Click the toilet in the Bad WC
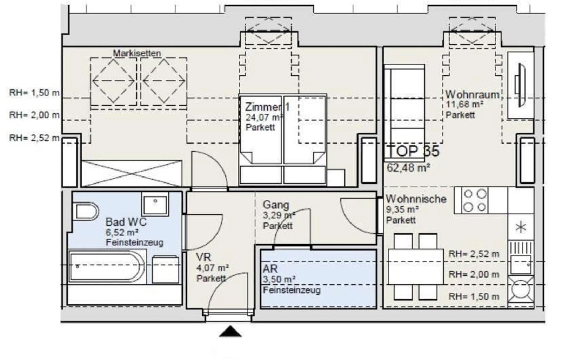tap(86, 211)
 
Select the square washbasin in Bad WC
tap(155, 204)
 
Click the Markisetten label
tap(137, 53)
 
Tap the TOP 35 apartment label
tap(413, 151)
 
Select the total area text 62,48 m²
tap(408, 168)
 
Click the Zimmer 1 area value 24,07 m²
tap(264, 117)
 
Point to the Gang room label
tap(276, 205)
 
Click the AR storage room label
tap(270, 269)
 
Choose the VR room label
tap(203, 257)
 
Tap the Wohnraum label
tap(472, 95)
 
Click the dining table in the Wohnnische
tap(416, 266)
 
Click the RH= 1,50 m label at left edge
tap(34, 93)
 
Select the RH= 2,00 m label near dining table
tap(474, 274)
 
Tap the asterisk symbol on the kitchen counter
tap(521, 228)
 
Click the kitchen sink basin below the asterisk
tap(521, 265)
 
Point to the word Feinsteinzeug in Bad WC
tap(134, 242)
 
